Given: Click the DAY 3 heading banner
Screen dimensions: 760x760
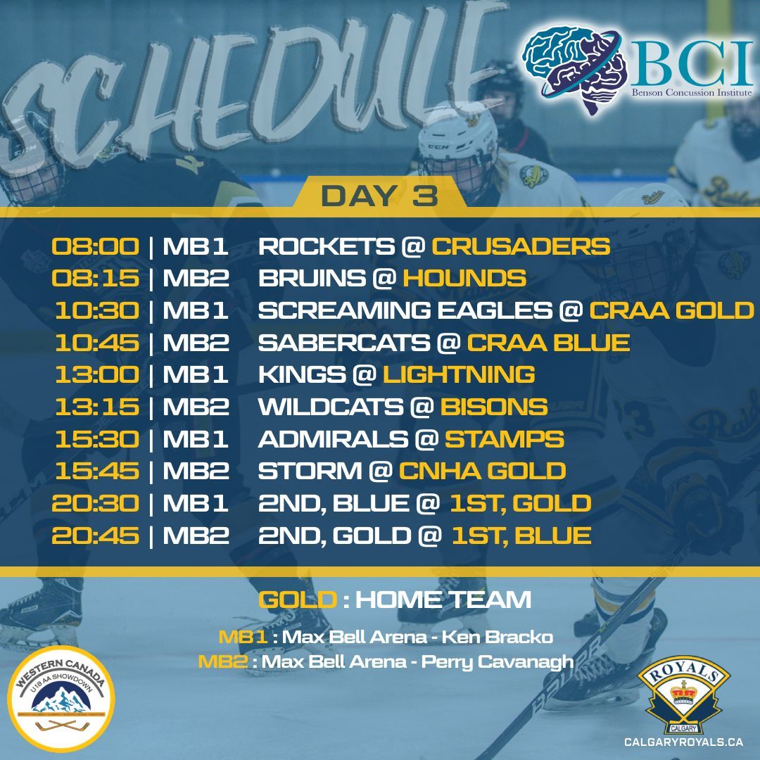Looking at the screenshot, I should [x=379, y=196].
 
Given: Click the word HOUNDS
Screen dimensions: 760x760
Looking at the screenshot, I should [x=464, y=278].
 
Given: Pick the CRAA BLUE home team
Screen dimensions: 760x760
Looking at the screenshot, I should [x=548, y=343].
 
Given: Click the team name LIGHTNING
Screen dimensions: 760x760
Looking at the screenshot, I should [x=459, y=374].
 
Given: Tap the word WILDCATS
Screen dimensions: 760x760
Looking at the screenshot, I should [x=331, y=407].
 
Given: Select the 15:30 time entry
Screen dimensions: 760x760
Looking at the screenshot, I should [x=96, y=439].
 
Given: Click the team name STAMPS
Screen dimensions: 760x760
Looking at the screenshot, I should [x=504, y=439].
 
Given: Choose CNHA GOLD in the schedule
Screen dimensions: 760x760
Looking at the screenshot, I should [x=483, y=471].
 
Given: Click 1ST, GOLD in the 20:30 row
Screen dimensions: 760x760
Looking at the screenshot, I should [x=521, y=503].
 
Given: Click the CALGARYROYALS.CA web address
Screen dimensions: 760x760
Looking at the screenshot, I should [x=683, y=742].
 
